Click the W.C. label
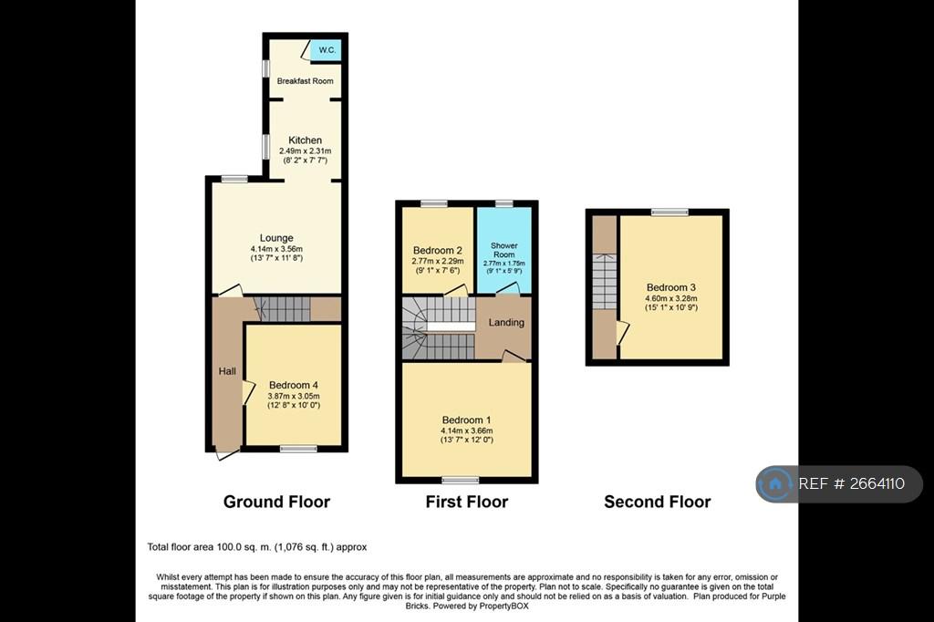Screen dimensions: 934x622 coord(327,50)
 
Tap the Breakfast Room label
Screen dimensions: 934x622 coord(305,81)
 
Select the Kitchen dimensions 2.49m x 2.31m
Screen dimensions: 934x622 coord(305,151)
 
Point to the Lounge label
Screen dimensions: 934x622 coord(276,238)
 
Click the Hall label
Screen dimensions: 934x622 coord(227,371)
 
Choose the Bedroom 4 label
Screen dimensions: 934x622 coord(294,385)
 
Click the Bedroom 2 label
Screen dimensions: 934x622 coord(438,250)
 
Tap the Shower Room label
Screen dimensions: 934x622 coord(503,250)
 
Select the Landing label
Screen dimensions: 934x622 coord(506,322)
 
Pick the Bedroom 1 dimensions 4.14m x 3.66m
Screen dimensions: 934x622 coord(466,430)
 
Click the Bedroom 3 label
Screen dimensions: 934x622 coord(671,287)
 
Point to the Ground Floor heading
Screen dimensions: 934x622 coord(276,502)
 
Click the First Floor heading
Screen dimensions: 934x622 coord(466,502)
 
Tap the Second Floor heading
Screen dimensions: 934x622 coord(657,502)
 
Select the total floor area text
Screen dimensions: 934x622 coord(257,547)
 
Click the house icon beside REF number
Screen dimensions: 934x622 coord(775,483)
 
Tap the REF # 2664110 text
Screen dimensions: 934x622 coord(851,483)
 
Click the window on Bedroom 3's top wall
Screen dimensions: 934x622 coord(669,213)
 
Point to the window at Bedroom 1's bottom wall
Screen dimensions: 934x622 coord(461,480)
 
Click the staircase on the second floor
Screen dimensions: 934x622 coord(605,281)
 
